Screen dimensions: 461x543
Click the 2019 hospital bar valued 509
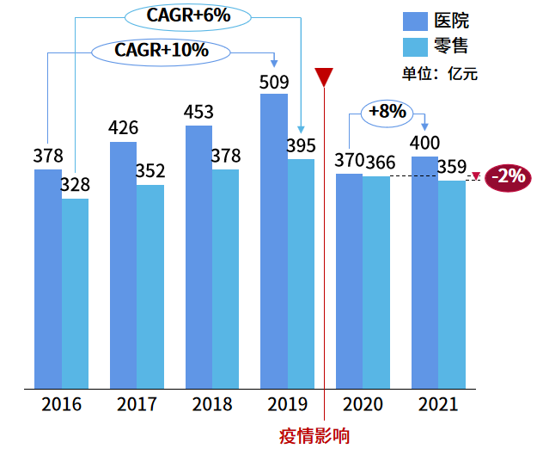tap(274, 241)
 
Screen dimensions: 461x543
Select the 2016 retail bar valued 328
tap(75, 293)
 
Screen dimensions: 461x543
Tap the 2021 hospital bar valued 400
tap(424, 272)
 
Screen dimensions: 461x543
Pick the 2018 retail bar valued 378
tap(226, 279)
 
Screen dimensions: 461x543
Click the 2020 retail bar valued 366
tap(375, 282)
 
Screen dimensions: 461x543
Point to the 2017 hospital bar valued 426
tap(123, 265)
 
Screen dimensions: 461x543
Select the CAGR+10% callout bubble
tap(161, 50)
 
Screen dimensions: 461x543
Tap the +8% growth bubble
tap(387, 111)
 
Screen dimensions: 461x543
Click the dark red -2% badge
tap(509, 177)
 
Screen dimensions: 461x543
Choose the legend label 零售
tap(453, 46)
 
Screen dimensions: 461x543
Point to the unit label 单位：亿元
tap(439, 73)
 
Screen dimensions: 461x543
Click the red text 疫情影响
tap(314, 435)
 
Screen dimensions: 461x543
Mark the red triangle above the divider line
tap(324, 77)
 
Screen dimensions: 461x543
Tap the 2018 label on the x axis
tap(212, 404)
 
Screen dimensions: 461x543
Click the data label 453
tap(198, 113)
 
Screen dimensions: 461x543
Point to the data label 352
tap(149, 171)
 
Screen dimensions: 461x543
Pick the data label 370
tap(349, 161)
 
